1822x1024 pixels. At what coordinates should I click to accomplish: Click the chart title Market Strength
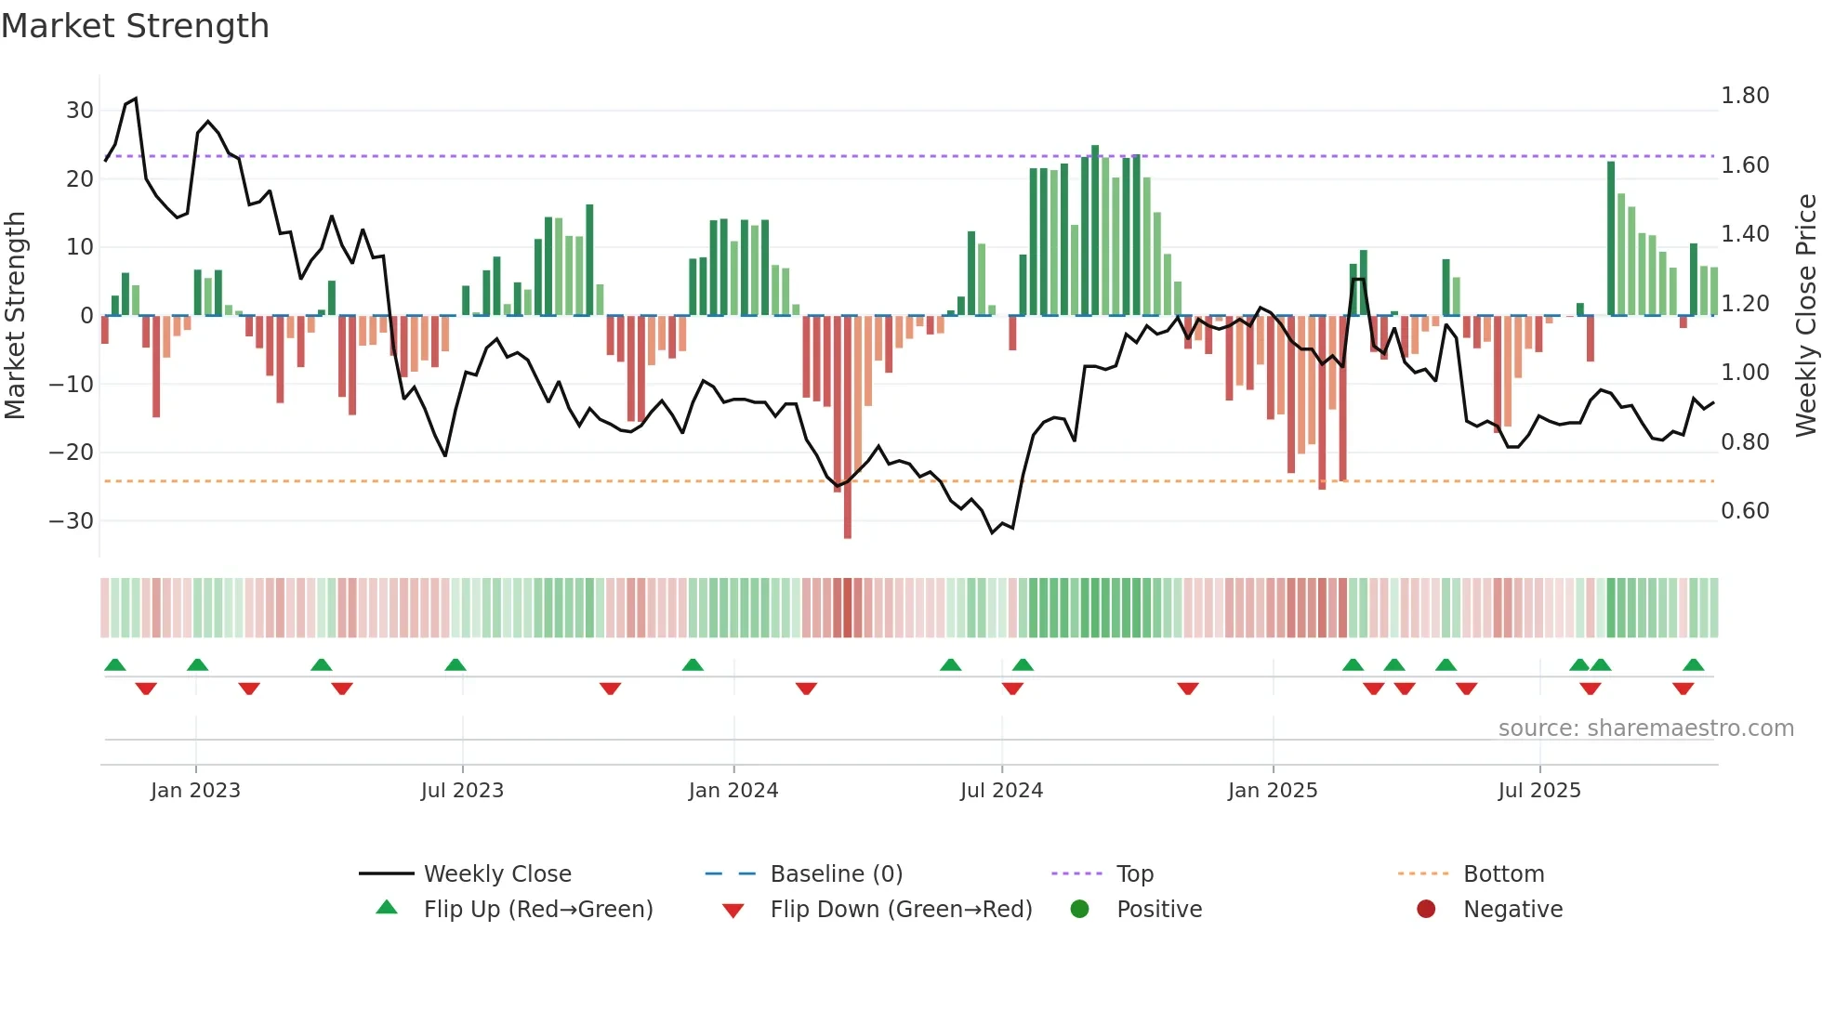pyautogui.click(x=135, y=26)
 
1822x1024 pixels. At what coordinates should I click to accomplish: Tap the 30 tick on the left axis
pyautogui.click(x=79, y=111)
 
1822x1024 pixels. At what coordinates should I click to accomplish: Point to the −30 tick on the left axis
pyautogui.click(x=72, y=521)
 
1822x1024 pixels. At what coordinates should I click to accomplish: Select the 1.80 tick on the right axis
pyautogui.click(x=1745, y=96)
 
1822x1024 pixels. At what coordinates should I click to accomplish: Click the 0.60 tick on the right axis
pyautogui.click(x=1745, y=511)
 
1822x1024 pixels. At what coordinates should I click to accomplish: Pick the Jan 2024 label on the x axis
pyautogui.click(x=733, y=791)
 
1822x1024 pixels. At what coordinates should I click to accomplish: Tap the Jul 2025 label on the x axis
pyautogui.click(x=1538, y=791)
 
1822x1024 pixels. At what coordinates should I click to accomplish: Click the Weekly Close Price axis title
pyautogui.click(x=1805, y=315)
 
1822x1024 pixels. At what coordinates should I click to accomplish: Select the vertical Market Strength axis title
pyautogui.click(x=16, y=315)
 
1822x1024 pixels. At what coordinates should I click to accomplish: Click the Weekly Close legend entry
pyautogui.click(x=497, y=874)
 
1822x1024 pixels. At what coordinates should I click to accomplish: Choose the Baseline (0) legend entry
pyautogui.click(x=836, y=874)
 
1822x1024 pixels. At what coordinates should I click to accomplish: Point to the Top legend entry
pyautogui.click(x=1134, y=874)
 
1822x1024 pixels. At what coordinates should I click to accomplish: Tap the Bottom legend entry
pyautogui.click(x=1503, y=874)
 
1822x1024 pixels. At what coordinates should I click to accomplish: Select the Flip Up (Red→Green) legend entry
pyautogui.click(x=537, y=910)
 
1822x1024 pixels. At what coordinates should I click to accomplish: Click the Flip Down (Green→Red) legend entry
pyautogui.click(x=900, y=910)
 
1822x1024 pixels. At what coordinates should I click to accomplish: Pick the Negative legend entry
pyautogui.click(x=1512, y=910)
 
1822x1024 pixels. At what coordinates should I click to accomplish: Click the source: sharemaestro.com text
pyautogui.click(x=1645, y=729)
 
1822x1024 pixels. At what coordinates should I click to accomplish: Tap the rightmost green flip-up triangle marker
pyautogui.click(x=1693, y=665)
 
